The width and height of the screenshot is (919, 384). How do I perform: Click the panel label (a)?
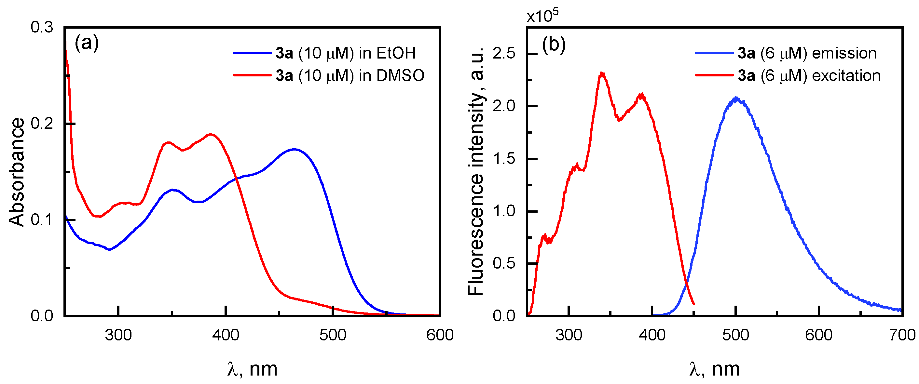[x=86, y=43]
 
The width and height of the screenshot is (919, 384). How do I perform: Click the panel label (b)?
[x=553, y=45]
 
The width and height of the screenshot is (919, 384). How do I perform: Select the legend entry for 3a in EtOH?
[x=345, y=53]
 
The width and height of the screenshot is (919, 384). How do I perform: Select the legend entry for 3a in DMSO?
[x=350, y=75]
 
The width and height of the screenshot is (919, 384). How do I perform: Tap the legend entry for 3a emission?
[x=807, y=53]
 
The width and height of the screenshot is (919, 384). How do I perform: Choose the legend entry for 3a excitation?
[x=809, y=75]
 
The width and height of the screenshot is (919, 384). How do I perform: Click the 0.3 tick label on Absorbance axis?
[x=42, y=27]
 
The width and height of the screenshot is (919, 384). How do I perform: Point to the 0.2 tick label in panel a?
[x=42, y=123]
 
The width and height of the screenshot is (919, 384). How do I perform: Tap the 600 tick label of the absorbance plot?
[x=440, y=335]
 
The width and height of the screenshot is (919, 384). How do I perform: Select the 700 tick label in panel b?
[x=902, y=335]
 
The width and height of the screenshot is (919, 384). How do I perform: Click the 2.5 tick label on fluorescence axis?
[x=504, y=53]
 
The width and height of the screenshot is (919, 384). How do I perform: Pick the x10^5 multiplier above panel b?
[x=542, y=16]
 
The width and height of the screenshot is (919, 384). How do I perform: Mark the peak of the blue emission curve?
[x=736, y=98]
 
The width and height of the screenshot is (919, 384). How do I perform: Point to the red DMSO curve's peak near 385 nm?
[x=211, y=134]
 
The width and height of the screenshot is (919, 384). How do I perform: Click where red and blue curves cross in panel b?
[x=686, y=284]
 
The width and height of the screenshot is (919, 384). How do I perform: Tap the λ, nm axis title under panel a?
[x=252, y=369]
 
